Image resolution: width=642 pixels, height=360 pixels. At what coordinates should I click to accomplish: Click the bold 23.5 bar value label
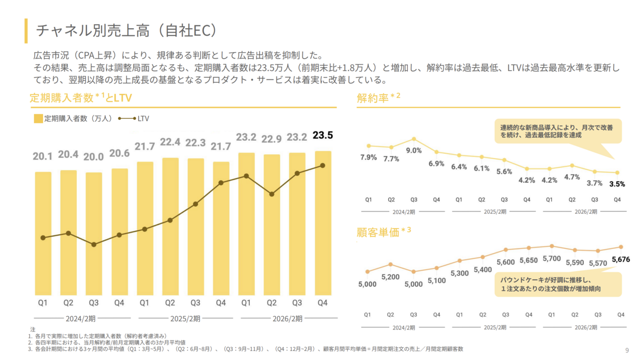point(323,135)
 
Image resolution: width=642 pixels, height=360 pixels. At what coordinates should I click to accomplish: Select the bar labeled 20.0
point(94,233)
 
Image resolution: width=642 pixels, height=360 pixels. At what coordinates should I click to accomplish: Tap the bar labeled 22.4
point(170,226)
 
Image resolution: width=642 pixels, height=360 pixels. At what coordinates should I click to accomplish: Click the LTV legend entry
point(134,119)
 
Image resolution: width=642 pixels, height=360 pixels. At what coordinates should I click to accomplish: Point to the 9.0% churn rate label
point(414,150)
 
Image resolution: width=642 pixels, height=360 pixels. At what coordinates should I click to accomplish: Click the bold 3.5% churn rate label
point(617,184)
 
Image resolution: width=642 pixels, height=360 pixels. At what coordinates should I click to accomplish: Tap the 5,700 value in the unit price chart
point(551,258)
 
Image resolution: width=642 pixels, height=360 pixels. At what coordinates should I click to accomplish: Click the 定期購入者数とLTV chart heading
point(80,98)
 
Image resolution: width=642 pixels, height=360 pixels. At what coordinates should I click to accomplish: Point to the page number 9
point(627,350)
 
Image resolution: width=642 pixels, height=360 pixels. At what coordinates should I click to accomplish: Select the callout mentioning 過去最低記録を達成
point(557,131)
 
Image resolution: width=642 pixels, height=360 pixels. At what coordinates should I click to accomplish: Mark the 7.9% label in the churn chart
point(369,157)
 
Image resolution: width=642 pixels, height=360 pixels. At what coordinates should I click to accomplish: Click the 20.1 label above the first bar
point(43,156)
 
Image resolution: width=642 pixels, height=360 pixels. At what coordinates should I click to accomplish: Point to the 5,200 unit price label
point(390,277)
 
